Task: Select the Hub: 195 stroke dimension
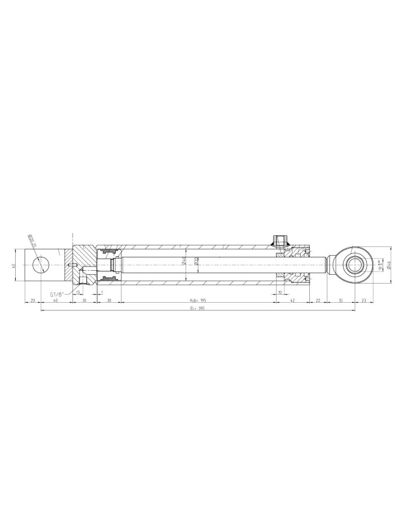198,301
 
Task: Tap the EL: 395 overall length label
198,309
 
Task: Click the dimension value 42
292,301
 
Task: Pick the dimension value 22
317,301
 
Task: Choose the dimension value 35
340,301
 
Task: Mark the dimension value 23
364,301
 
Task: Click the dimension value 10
280,292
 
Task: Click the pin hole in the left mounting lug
40,265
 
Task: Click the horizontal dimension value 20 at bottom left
33,301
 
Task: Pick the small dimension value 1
102,292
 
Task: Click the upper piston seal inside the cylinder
107,252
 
